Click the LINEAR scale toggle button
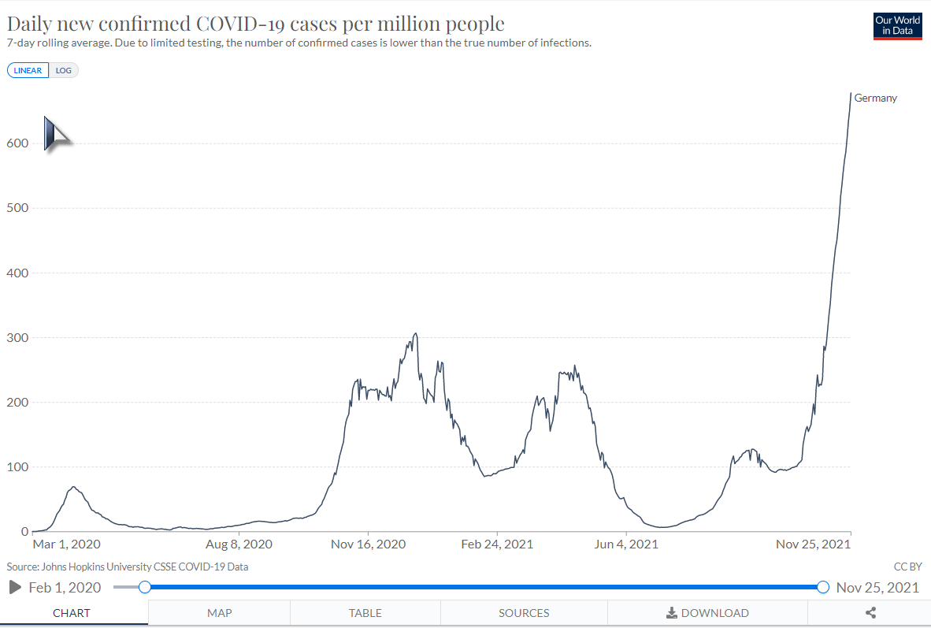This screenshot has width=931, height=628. (x=28, y=70)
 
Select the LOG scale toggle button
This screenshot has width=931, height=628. (x=64, y=70)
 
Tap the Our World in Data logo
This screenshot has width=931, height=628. (x=897, y=26)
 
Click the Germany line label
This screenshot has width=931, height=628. (x=875, y=98)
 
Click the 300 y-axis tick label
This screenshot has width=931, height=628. (x=18, y=338)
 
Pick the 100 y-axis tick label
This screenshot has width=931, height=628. (x=18, y=467)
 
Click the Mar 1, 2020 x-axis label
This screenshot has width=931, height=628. (x=66, y=544)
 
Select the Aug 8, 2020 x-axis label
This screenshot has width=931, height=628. (x=239, y=544)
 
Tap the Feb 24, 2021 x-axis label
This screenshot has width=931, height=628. (x=497, y=544)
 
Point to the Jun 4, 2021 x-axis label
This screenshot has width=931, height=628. (x=625, y=544)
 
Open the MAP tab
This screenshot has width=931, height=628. (x=219, y=613)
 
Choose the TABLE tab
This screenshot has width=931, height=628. (x=365, y=613)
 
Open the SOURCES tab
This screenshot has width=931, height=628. (x=524, y=613)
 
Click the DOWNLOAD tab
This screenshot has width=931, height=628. (x=707, y=613)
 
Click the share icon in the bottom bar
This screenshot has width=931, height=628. (x=870, y=613)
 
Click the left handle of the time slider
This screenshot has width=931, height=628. (x=144, y=587)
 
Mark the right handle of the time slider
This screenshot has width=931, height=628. (x=823, y=587)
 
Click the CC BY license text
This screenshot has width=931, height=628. (x=907, y=567)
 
